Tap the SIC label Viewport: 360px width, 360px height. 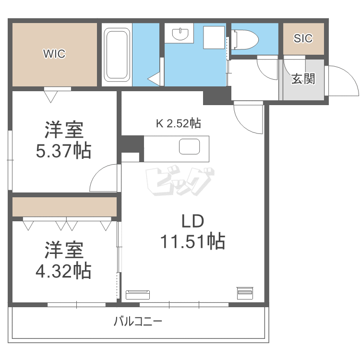pos(303,38)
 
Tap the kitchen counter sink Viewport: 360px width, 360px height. pos(190,146)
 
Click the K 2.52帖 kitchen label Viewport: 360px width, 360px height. pos(178,123)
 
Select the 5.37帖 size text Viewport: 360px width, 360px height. pos(64,152)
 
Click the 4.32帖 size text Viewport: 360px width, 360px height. pos(64,271)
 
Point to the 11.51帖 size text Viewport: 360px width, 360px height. pos(192,241)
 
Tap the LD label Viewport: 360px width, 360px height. pos(192,221)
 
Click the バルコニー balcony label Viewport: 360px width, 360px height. pos(138,321)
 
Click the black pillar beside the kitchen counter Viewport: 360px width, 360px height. pos(132,144)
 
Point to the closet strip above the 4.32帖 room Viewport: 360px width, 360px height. pos(64,207)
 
